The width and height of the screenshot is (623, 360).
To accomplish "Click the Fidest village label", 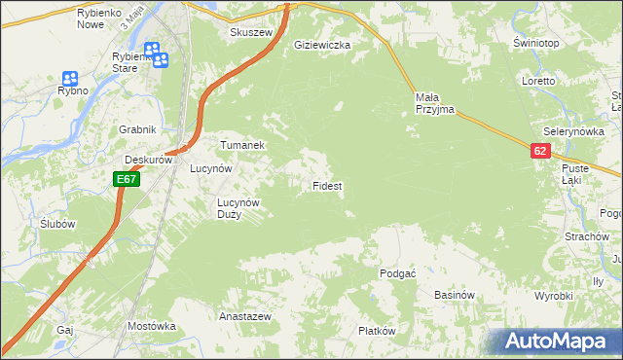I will [326, 185].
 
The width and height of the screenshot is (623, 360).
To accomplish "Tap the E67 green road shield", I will [127, 179].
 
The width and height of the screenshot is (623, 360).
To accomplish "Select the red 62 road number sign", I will [541, 151].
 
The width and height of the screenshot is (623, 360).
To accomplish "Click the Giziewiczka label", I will [321, 45].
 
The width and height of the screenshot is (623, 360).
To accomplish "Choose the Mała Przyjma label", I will [434, 103].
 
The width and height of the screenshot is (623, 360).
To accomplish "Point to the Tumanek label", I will [242, 145].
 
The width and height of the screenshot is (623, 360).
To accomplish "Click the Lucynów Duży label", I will [238, 208].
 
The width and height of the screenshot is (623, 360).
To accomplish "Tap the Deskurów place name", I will [148, 160].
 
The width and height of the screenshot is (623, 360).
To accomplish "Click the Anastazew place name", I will [244, 317].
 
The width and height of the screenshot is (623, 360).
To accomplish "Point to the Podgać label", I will [398, 274].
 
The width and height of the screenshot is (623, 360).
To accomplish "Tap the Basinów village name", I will [454, 294].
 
